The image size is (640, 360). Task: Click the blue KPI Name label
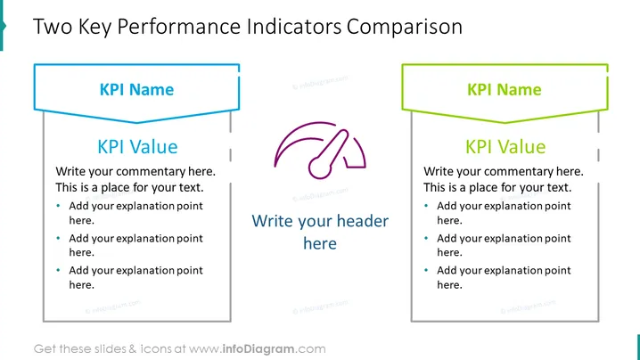136,89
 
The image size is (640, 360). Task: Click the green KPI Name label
505,89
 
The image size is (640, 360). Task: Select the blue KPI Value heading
137,146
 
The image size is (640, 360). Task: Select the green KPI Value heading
505,146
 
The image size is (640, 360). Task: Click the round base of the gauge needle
320,168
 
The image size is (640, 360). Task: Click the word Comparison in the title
405,27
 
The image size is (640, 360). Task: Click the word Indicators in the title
294,27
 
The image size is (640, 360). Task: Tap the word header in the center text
363,221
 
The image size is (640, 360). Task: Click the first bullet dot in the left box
58,206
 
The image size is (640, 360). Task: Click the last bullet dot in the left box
58,270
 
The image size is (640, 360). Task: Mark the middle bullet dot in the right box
426,238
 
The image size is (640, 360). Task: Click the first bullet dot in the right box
426,206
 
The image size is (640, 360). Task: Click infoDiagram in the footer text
258,349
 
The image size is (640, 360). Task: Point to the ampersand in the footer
133,349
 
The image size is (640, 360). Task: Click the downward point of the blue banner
136,122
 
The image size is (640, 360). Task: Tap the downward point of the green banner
505,122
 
